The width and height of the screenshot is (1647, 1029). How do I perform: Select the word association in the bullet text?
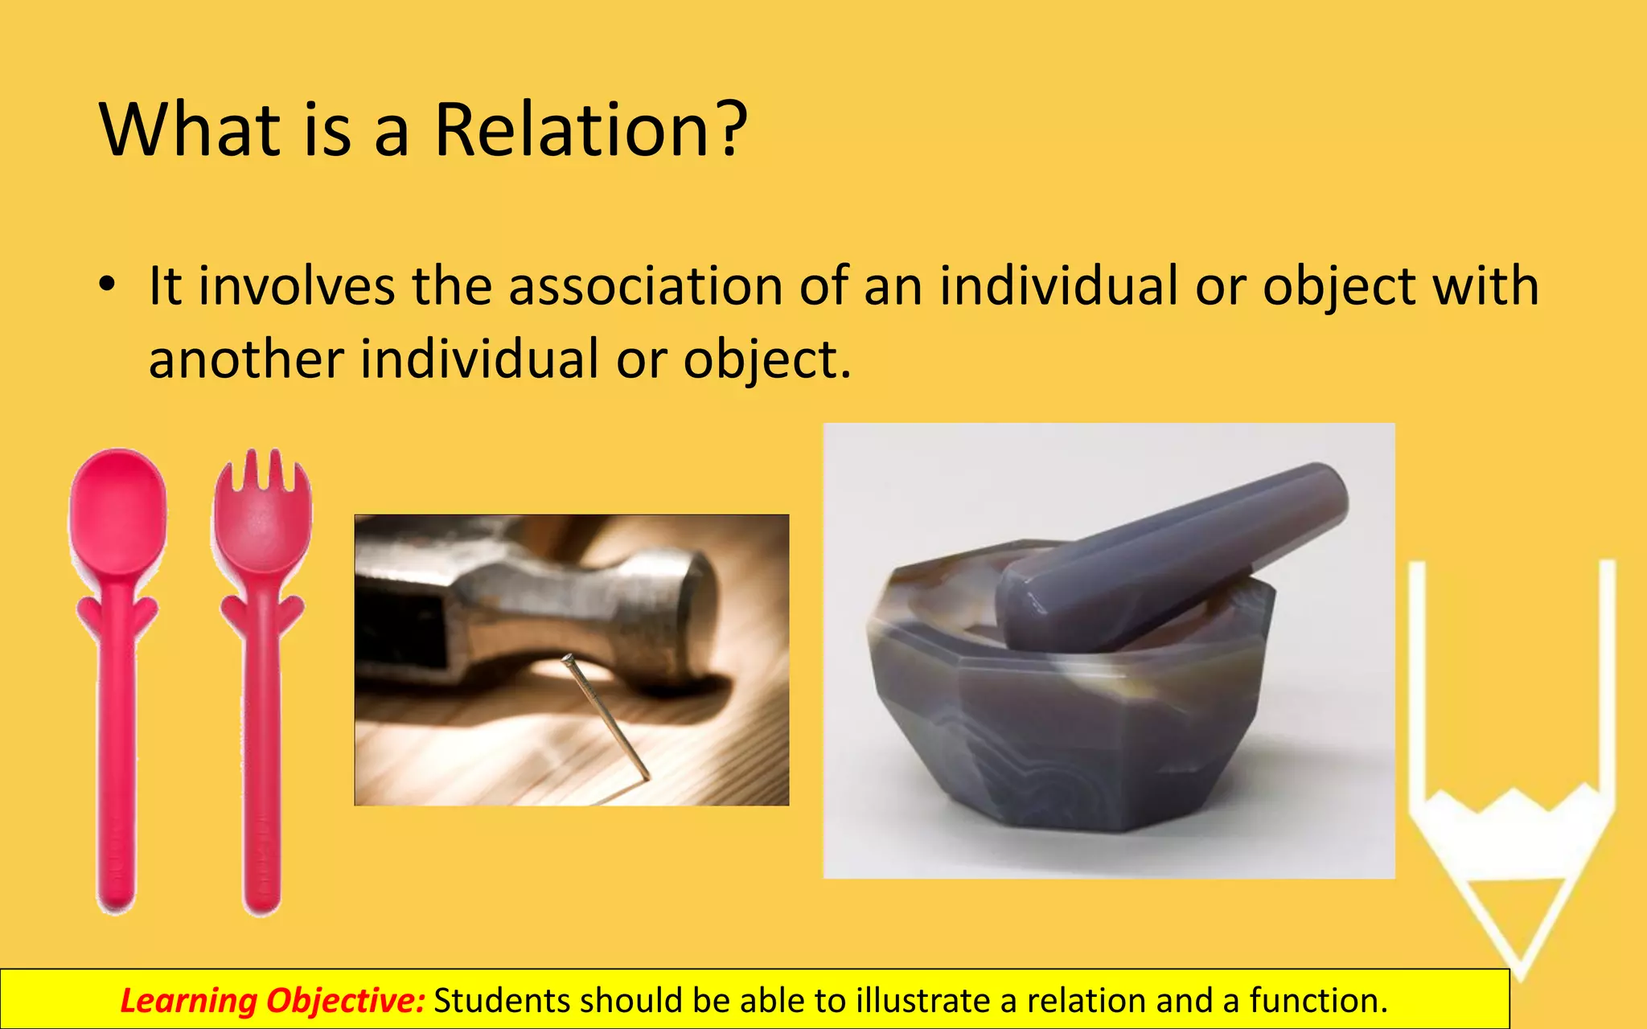[x=646, y=286]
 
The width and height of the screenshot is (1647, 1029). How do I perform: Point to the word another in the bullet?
[x=246, y=359]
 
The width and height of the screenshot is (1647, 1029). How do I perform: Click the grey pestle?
[x=1174, y=555]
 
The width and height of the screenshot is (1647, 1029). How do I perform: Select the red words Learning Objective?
[x=273, y=1001]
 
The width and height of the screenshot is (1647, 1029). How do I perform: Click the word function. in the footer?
[x=1318, y=1001]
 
